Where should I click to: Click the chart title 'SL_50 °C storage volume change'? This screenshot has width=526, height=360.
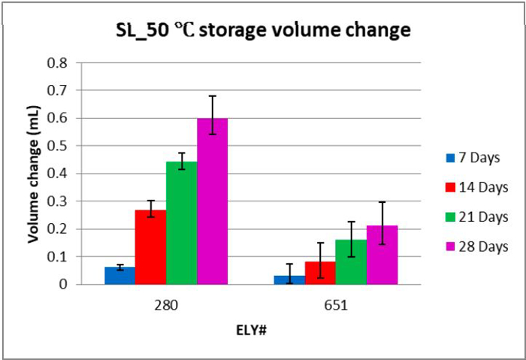click(x=262, y=31)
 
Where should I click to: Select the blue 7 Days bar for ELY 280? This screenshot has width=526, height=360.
click(x=120, y=276)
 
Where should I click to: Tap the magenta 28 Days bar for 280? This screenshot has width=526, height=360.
click(x=213, y=201)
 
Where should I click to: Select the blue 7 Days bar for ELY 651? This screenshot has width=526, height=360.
click(x=289, y=280)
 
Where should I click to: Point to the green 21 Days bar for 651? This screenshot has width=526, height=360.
click(x=351, y=262)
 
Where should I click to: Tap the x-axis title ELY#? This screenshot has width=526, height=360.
click(x=250, y=329)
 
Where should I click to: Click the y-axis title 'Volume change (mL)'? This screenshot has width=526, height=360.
click(x=33, y=174)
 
